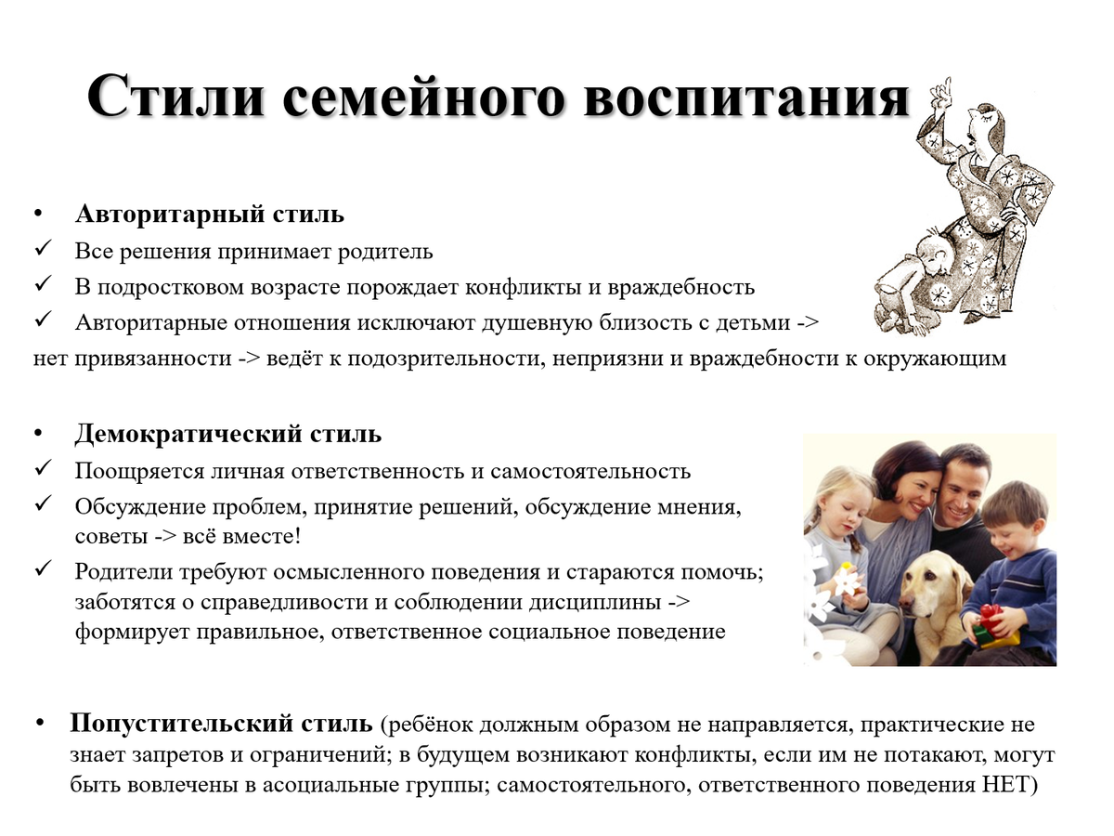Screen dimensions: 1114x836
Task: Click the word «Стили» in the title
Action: pos(176,97)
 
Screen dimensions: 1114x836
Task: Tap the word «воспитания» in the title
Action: pos(746,97)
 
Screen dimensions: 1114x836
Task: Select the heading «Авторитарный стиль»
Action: pos(210,214)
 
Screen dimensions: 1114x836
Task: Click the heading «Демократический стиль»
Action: pos(228,435)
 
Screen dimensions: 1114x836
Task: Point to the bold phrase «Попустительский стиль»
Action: pos(221,724)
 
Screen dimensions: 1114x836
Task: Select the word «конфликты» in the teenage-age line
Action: pos(524,287)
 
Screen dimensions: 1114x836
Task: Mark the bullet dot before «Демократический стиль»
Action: pos(38,435)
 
